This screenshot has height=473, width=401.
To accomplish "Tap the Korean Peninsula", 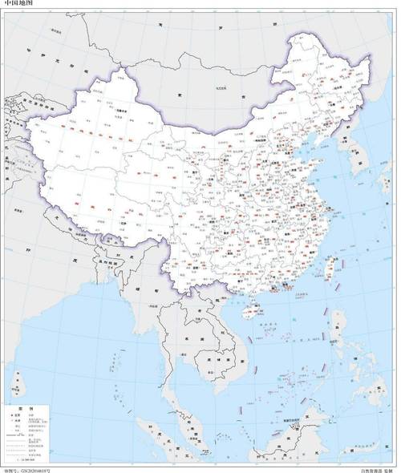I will click(353, 160).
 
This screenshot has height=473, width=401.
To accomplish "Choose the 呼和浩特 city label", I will click(254, 144).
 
